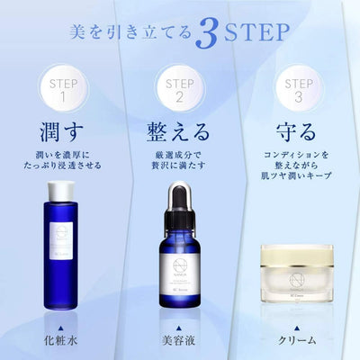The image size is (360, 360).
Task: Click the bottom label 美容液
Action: [x=181, y=343]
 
